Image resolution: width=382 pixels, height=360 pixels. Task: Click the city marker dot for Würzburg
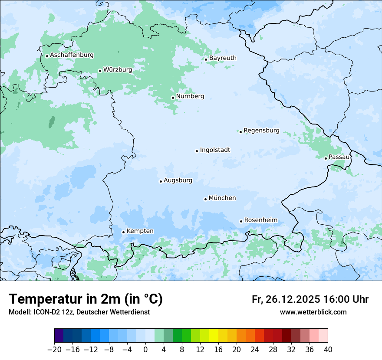pyautogui.click(x=100, y=71)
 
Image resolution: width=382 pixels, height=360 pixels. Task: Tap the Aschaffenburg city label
pyautogui.click(x=72, y=55)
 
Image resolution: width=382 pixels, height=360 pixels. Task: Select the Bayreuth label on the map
pyautogui.click(x=223, y=58)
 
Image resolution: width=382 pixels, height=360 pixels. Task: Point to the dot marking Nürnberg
pyautogui.click(x=173, y=98)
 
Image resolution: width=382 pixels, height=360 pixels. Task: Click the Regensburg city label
pyautogui.click(x=261, y=131)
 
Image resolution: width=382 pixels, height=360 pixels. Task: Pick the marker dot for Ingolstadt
pyautogui.click(x=197, y=151)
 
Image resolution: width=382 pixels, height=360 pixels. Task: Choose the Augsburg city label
pyautogui.click(x=178, y=180)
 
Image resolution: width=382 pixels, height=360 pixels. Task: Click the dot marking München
pyautogui.click(x=205, y=199)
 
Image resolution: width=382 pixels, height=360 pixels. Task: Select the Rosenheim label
pyautogui.click(x=260, y=220)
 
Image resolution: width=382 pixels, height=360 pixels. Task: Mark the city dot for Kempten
pyautogui.click(x=123, y=232)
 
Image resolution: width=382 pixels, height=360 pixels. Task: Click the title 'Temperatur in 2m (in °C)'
pyautogui.click(x=86, y=299)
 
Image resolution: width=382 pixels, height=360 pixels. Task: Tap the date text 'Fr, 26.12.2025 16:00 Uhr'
pyautogui.click(x=310, y=300)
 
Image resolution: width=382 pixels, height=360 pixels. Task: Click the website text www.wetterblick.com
pyautogui.click(x=313, y=312)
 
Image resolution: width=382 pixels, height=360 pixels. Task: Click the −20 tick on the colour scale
pyautogui.click(x=55, y=350)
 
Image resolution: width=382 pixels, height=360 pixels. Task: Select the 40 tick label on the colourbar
pyautogui.click(x=328, y=350)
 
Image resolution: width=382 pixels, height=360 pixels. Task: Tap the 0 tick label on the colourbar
pyautogui.click(x=145, y=350)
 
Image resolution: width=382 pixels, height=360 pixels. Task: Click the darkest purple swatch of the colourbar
pyautogui.click(x=59, y=336)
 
